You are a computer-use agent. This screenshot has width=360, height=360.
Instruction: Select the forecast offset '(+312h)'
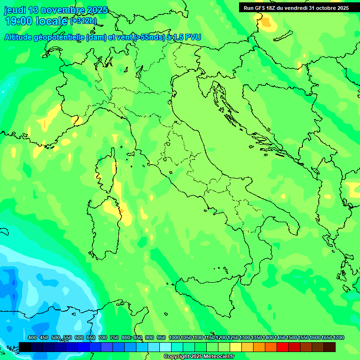(x=83, y=21)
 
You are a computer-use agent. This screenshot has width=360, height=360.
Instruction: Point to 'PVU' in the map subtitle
(x=191, y=37)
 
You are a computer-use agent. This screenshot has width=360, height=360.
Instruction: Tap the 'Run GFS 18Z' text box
(x=296, y=8)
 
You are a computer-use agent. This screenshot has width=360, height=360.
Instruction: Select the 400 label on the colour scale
(x=32, y=337)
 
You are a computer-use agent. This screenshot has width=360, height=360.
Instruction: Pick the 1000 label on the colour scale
(x=174, y=337)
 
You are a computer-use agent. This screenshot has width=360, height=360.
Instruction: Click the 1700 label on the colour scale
(x=338, y=337)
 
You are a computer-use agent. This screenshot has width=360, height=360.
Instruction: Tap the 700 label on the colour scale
(x=102, y=337)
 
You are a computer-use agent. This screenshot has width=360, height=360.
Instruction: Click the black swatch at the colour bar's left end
(x=25, y=347)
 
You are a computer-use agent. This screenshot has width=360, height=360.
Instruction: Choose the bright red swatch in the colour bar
(x=283, y=347)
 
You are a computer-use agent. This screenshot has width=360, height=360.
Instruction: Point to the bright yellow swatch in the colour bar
(x=236, y=347)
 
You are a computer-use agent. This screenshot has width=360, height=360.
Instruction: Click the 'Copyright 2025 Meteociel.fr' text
(x=199, y=356)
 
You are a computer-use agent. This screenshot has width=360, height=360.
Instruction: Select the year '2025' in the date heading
(x=97, y=10)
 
